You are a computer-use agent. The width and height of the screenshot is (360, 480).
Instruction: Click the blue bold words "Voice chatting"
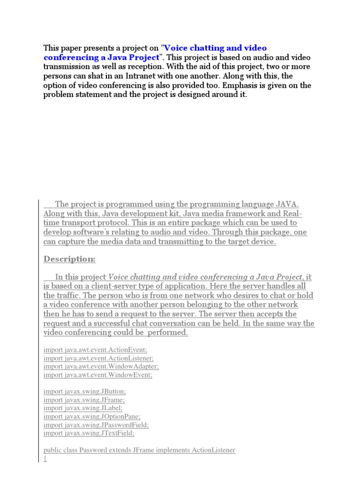coord(193,48)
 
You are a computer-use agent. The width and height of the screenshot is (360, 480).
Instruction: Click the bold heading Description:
coord(69,259)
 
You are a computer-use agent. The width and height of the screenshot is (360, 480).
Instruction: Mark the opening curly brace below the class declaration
coord(45,458)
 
